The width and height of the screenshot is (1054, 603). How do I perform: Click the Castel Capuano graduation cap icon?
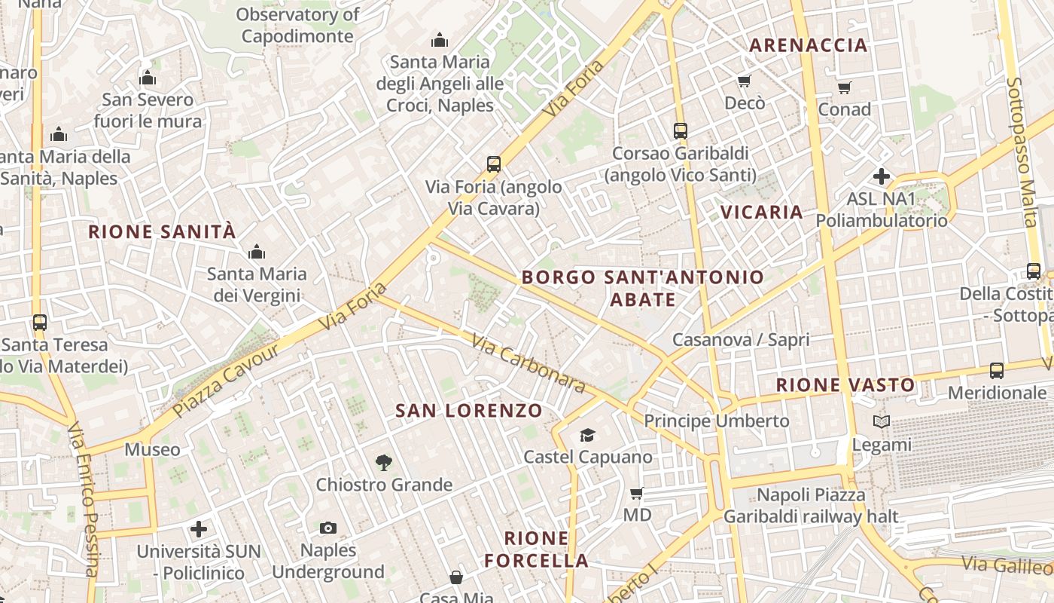tap(587, 435)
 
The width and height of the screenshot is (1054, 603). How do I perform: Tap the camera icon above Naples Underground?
tap(327, 528)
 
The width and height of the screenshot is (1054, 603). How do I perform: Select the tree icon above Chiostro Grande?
tap(384, 462)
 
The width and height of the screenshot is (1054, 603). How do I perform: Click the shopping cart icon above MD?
tap(637, 494)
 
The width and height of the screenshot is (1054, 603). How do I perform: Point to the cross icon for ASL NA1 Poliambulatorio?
tap(881, 177)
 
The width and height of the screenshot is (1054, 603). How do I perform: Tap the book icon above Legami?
tap(882, 422)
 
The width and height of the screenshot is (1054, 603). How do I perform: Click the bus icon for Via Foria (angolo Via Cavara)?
tap(494, 164)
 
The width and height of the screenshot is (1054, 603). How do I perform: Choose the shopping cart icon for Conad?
tap(845, 87)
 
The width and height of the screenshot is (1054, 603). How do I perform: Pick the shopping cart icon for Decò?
tap(745, 81)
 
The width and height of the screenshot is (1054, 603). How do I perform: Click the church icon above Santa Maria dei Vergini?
tap(257, 251)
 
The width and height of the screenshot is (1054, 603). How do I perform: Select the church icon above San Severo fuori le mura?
tap(148, 78)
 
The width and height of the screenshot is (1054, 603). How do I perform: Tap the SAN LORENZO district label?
tap(469, 411)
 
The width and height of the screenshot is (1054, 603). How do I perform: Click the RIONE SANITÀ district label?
tap(163, 231)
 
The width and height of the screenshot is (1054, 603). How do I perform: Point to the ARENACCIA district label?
tap(809, 45)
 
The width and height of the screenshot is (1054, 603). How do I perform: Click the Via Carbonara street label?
tap(529, 364)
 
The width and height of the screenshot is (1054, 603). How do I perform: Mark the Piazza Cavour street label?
tap(225, 381)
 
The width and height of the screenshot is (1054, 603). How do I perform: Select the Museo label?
tap(153, 450)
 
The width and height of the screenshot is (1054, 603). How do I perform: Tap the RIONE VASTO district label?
tap(845, 385)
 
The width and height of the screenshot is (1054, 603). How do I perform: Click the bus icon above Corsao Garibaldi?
tap(681, 130)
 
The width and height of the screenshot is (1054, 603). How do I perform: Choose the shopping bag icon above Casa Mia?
tap(456, 577)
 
